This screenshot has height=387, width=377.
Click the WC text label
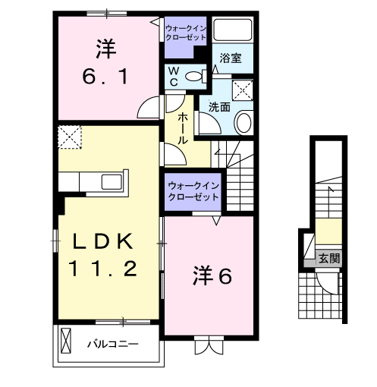click(x=173, y=76)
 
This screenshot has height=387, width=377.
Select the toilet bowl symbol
click(x=194, y=75)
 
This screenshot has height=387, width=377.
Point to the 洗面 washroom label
click(x=219, y=107)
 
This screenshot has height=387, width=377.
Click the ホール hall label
click(x=184, y=129)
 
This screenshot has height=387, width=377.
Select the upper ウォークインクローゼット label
click(x=185, y=32)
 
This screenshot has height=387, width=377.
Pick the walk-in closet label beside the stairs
click(x=193, y=190)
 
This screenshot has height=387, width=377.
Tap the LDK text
click(x=103, y=242)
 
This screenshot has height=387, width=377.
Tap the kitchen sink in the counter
click(x=114, y=183)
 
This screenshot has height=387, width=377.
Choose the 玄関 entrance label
click(x=328, y=259)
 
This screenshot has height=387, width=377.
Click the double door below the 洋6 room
click(x=206, y=345)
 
